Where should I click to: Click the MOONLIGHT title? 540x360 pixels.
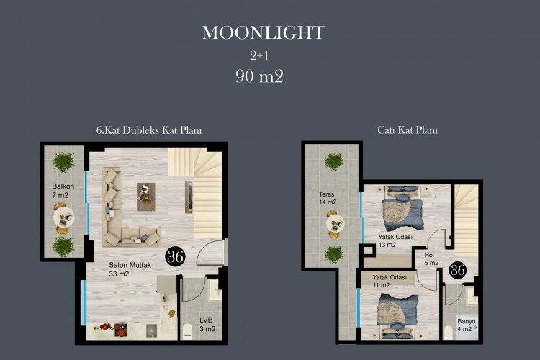pos(264,32)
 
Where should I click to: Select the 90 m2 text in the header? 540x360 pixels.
pos(259,76)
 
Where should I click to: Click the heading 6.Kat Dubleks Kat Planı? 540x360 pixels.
pos(148,130)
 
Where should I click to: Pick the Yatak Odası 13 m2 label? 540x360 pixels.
pos(396,240)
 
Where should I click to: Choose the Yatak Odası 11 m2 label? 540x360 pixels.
pos(390,281)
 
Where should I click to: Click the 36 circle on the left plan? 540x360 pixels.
pos(174,256)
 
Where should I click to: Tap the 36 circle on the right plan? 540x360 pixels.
pos(457,270)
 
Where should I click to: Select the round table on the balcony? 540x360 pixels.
pos(63,216)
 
